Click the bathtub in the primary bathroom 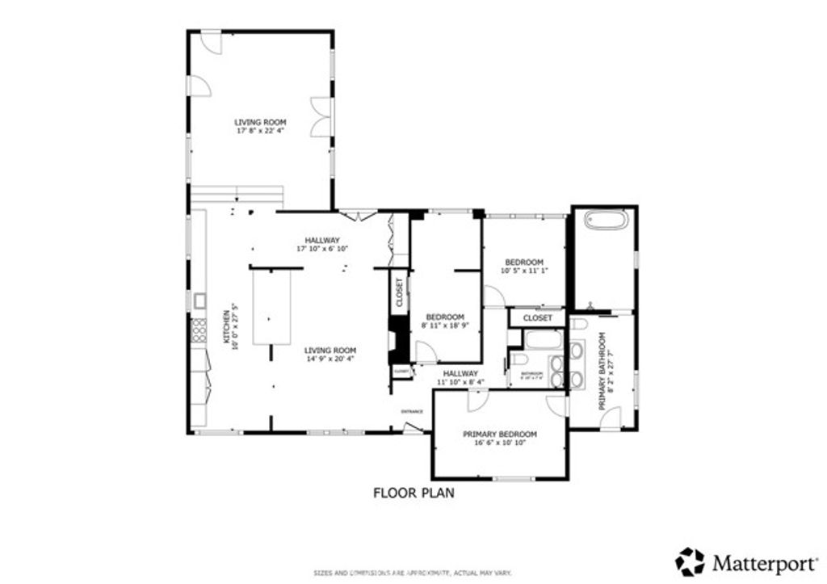tap(605, 221)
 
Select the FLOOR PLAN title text tap(413, 492)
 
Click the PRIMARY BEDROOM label tap(500, 434)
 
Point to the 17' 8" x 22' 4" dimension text tap(259, 130)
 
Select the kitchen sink tap(199, 301)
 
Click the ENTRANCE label tap(412, 411)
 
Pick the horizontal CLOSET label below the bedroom tap(537, 318)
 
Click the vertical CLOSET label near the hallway tap(399, 292)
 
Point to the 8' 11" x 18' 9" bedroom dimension tap(444, 326)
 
